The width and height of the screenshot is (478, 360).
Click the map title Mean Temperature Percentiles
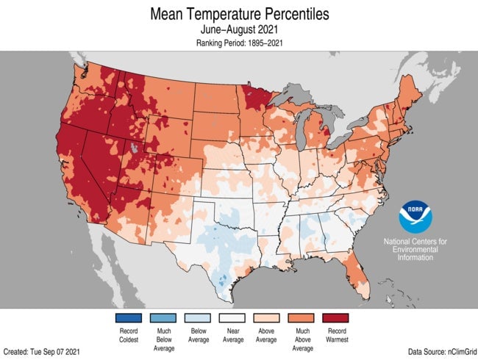(x=239, y=14)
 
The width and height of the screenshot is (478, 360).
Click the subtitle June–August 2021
(x=239, y=30)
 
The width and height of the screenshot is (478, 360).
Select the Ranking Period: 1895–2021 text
(x=239, y=44)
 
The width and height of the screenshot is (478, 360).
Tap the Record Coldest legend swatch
(x=129, y=318)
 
